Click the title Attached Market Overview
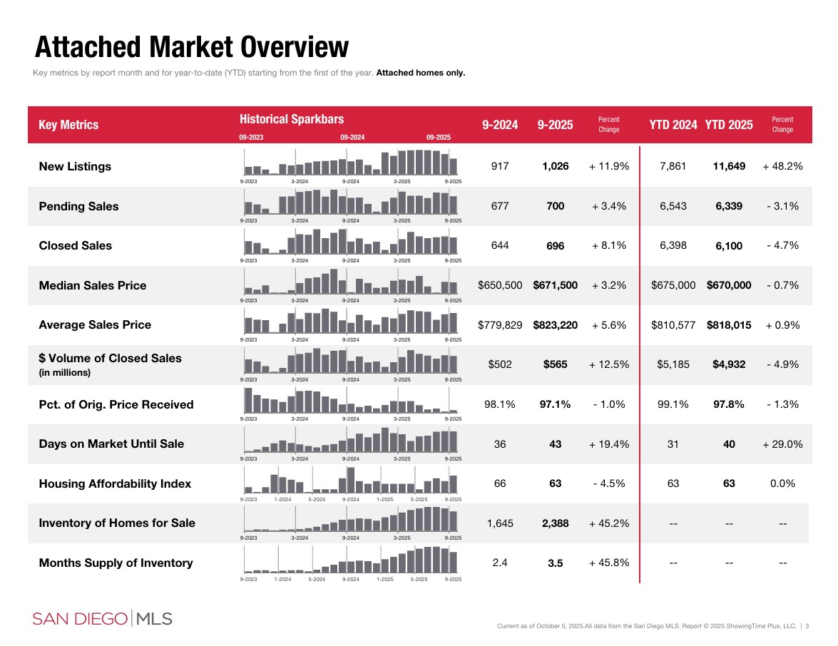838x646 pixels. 192,48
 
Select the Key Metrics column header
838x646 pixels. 68,125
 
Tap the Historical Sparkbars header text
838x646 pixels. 291,119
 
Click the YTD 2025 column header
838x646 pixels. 728,125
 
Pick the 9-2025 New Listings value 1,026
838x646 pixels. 555,166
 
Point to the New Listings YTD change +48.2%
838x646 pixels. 782,166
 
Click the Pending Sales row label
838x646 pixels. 78,206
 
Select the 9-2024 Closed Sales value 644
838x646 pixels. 500,245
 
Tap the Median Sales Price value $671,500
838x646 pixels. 555,285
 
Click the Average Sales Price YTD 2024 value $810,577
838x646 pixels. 673,325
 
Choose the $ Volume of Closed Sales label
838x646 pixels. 110,358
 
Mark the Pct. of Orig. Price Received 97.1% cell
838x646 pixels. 555,404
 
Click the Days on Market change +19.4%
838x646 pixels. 608,444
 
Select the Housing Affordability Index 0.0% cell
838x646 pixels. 782,483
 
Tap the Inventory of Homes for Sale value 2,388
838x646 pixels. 555,523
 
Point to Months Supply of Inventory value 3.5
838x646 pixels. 555,563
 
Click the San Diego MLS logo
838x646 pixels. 102,618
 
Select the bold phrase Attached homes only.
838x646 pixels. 420,73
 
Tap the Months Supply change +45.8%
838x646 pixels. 608,563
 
